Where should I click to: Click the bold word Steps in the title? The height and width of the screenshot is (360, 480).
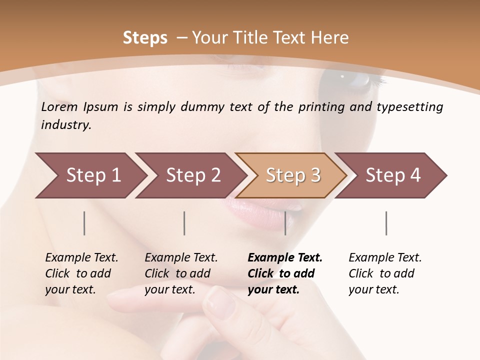145,38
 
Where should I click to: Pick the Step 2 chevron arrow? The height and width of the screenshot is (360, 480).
190,175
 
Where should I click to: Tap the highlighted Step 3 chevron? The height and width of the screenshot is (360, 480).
291,175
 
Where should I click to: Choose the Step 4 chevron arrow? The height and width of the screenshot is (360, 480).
391,175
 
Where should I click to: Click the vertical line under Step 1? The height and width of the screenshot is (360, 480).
84,223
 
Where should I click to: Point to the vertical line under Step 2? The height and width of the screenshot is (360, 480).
184,223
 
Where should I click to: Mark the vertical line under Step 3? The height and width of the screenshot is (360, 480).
285,223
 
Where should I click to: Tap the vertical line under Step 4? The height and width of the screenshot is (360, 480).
386,223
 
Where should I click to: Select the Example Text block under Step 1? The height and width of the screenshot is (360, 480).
81,273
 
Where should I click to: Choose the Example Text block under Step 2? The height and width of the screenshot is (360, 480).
181,273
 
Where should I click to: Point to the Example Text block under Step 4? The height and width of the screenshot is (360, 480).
385,273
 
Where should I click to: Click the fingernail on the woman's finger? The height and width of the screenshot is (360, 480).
218,302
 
